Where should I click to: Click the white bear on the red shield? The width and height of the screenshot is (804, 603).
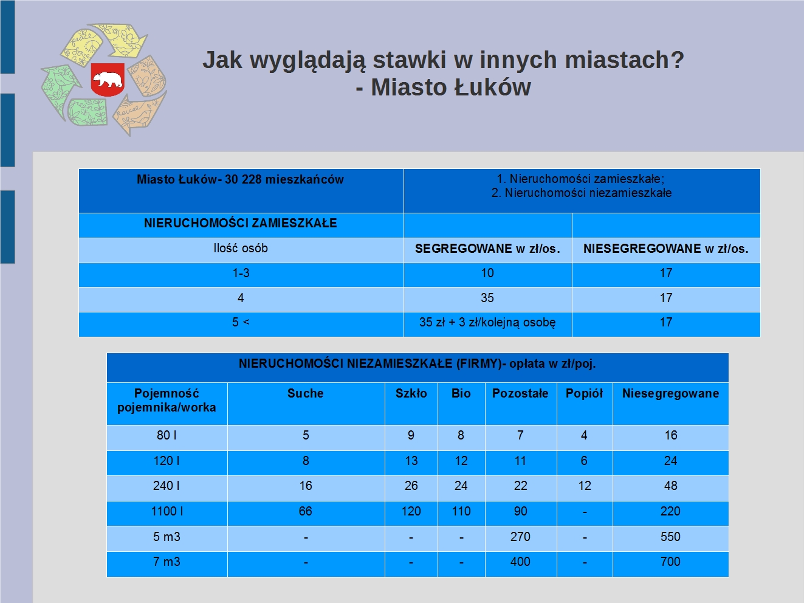coord(108,80)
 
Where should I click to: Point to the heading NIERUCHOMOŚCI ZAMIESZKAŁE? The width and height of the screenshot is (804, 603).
coord(240,223)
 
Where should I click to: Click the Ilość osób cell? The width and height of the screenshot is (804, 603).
coord(241,249)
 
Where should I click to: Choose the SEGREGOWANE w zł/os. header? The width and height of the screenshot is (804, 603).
coord(487,249)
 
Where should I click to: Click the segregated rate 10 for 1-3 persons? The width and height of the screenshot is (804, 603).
coord(487,273)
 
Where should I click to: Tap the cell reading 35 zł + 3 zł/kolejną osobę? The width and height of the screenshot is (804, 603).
coord(487,322)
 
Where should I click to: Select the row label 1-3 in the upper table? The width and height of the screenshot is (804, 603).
coord(241,273)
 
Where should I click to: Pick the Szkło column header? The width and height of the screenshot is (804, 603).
coord(411,393)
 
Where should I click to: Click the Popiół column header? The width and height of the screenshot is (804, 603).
coord(584,393)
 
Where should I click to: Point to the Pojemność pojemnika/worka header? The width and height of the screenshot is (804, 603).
coord(167,401)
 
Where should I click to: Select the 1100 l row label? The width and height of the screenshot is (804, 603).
coord(167,511)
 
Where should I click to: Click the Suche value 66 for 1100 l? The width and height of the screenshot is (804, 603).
coord(306,511)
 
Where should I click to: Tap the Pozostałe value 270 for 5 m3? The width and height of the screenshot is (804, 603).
coord(520,537)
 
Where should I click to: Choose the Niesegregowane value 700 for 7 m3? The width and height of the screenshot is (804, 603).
coord(670,562)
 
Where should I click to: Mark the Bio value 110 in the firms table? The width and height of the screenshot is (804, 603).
coord(461,511)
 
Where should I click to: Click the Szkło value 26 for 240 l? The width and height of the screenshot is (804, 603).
coord(411,486)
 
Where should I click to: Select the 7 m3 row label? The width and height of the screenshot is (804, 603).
coord(167,562)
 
